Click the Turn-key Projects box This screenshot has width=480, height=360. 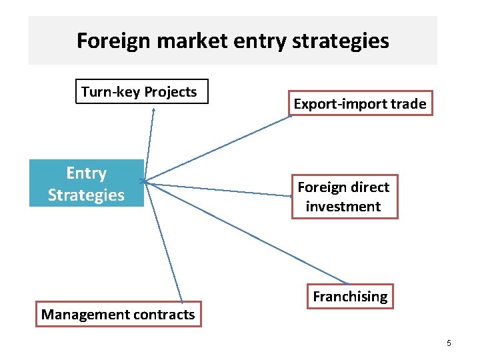(x=139, y=92)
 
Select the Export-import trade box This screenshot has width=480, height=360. (x=360, y=103)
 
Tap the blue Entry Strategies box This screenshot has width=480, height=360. (x=86, y=183)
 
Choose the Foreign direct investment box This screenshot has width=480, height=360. (x=343, y=197)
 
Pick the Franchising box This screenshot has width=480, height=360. (x=350, y=297)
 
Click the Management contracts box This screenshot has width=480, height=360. (x=118, y=314)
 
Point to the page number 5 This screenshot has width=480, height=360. (x=449, y=343)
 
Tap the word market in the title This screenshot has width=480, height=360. (x=189, y=41)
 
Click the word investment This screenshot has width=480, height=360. (x=343, y=206)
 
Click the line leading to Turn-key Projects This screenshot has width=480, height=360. (x=149, y=143)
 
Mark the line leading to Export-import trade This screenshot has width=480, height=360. (x=217, y=149)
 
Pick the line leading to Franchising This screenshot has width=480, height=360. (x=247, y=231)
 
